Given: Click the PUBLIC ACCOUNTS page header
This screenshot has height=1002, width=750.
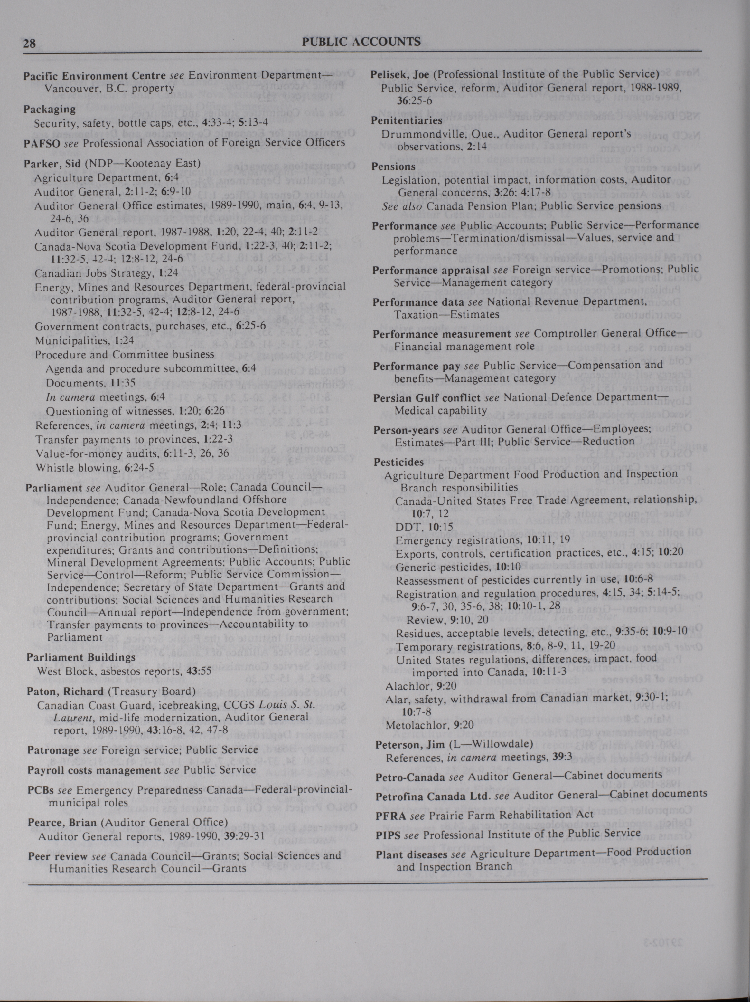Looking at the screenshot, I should pos(361,42).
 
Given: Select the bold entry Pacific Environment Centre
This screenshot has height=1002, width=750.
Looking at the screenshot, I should pos(95,76).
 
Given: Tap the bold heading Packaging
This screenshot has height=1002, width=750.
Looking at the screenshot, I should pos(49,109).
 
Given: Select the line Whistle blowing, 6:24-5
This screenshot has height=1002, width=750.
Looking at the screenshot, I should pos(95,467).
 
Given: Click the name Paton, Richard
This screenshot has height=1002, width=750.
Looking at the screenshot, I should pos(65,691).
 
